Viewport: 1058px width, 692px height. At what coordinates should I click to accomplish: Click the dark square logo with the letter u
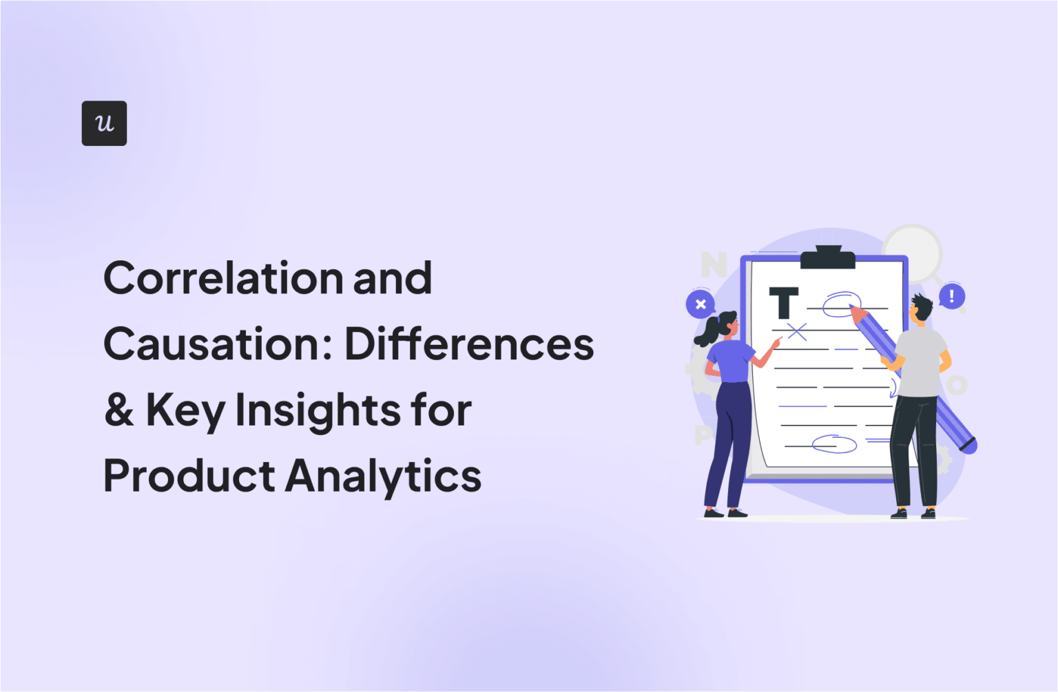(x=104, y=123)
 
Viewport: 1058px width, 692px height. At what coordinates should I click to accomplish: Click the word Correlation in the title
(x=223, y=278)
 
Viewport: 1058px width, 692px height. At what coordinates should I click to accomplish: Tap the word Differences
(x=469, y=344)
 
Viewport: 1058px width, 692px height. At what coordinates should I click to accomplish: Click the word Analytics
(x=384, y=476)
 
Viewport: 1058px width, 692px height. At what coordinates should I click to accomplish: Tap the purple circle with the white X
(x=701, y=304)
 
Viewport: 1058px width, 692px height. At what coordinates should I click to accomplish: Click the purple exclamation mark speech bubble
(x=952, y=297)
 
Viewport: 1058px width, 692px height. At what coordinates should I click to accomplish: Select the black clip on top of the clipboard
(x=827, y=258)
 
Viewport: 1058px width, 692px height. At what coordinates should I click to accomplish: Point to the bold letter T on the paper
(x=783, y=303)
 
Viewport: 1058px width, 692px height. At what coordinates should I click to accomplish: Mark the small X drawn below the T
(x=797, y=332)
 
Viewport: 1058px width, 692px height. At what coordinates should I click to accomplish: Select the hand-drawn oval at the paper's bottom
(x=834, y=444)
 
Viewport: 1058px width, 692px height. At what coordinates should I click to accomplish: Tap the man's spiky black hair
(x=921, y=306)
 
